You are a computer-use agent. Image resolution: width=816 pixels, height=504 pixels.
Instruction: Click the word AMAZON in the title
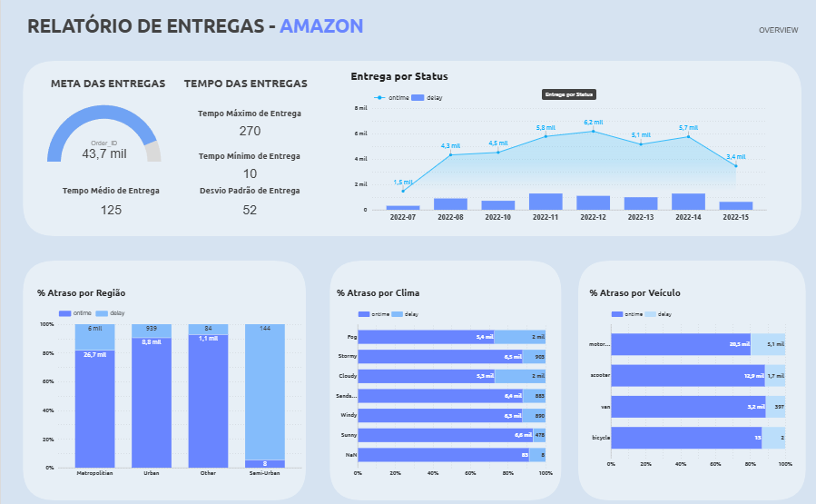pos(321,25)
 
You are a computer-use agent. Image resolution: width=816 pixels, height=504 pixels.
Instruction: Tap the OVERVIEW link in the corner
pos(779,30)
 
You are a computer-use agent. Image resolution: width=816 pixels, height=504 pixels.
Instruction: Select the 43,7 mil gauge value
pos(104,153)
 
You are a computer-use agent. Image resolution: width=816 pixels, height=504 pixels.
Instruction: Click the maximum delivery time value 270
pos(250,131)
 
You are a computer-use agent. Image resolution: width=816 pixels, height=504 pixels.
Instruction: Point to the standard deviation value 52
pos(250,210)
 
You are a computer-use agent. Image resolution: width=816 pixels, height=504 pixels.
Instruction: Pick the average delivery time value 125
pos(111,210)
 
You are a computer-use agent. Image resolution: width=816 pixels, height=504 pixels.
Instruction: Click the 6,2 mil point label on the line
pos(594,122)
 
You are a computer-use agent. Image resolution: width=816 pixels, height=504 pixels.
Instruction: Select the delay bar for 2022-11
pos(546,202)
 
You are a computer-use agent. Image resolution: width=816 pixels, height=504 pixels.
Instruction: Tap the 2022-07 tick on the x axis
pos(403,218)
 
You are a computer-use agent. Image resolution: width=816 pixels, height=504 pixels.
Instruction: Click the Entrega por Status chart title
pos(398,76)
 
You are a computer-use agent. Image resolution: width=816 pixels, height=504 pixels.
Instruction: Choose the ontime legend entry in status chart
pos(393,97)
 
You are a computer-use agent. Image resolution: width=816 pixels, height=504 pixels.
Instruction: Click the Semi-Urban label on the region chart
pos(265,474)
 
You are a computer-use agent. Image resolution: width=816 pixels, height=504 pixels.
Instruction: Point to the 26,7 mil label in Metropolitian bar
pos(95,354)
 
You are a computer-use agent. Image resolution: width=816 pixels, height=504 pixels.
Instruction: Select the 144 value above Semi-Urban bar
pos(265,328)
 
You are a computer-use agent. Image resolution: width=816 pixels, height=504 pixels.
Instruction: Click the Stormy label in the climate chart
pos(348,356)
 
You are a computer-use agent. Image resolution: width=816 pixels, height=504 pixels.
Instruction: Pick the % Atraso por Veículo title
pos(634,293)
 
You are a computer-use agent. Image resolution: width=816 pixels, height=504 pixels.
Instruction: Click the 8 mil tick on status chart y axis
pos(361,108)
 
